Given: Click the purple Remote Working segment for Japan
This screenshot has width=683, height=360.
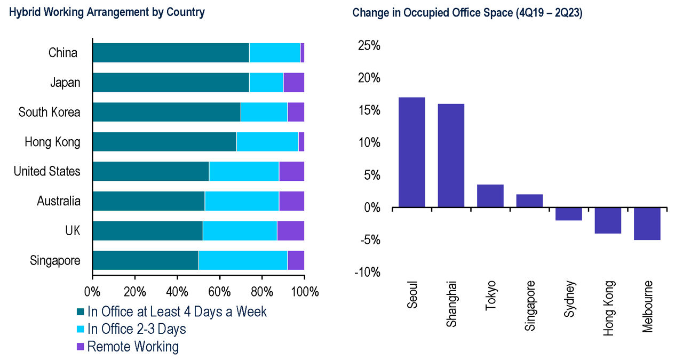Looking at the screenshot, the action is [294, 82].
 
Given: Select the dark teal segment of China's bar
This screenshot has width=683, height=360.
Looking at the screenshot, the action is [171, 53].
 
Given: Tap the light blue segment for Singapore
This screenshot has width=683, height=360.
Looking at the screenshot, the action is [243, 260].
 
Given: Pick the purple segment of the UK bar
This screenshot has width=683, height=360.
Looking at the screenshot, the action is [291, 231].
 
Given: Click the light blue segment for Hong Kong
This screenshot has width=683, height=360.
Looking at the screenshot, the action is [267, 142].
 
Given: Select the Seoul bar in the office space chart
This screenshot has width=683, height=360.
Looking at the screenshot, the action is [412, 153].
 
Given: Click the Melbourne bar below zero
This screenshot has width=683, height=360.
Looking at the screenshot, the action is [647, 224].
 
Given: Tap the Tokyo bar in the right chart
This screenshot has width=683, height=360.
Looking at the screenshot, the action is [490, 196].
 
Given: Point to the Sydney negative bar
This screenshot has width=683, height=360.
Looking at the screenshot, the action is [569, 214].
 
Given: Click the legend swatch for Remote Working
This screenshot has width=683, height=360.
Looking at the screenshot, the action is [80, 347].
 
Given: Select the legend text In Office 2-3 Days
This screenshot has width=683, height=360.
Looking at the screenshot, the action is [137, 329].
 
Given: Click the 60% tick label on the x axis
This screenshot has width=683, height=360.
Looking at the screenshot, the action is [219, 292].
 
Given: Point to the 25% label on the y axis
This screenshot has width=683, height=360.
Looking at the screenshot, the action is [369, 46].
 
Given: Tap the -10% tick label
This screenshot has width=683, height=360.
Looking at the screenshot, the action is [368, 272].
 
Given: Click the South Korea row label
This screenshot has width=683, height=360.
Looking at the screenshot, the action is [50, 112].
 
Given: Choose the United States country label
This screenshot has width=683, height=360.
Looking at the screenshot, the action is [47, 171].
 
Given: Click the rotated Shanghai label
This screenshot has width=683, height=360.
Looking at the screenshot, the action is [451, 304].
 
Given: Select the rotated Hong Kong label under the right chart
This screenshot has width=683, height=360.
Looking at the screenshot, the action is [608, 308].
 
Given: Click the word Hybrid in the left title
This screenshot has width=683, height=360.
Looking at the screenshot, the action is [25, 12].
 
